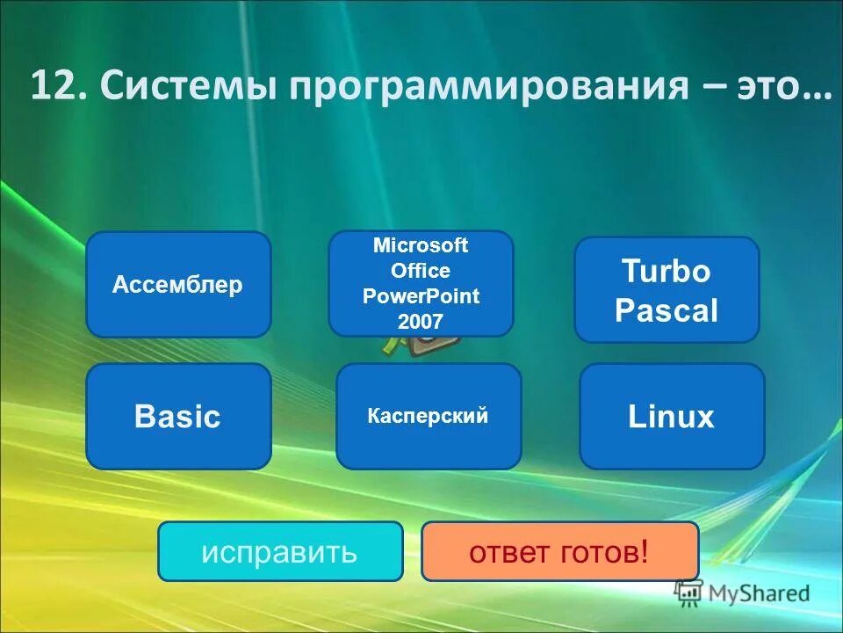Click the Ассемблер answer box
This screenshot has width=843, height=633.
point(177,285)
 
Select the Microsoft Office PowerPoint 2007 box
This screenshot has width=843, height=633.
point(421,283)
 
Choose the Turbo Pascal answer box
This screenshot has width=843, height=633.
point(666,289)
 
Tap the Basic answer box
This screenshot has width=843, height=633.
point(178,416)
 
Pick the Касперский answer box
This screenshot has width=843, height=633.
point(429,416)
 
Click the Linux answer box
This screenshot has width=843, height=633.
point(672,416)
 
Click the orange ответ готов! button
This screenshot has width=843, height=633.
point(559,551)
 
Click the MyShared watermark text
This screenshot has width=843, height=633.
point(759,593)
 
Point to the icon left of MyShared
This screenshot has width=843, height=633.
point(688,593)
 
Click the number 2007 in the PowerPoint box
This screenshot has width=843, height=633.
point(421,321)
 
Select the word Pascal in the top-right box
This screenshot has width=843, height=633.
point(666,309)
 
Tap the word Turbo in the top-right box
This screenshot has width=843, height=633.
point(666,271)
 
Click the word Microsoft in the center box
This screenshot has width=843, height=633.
point(421,245)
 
